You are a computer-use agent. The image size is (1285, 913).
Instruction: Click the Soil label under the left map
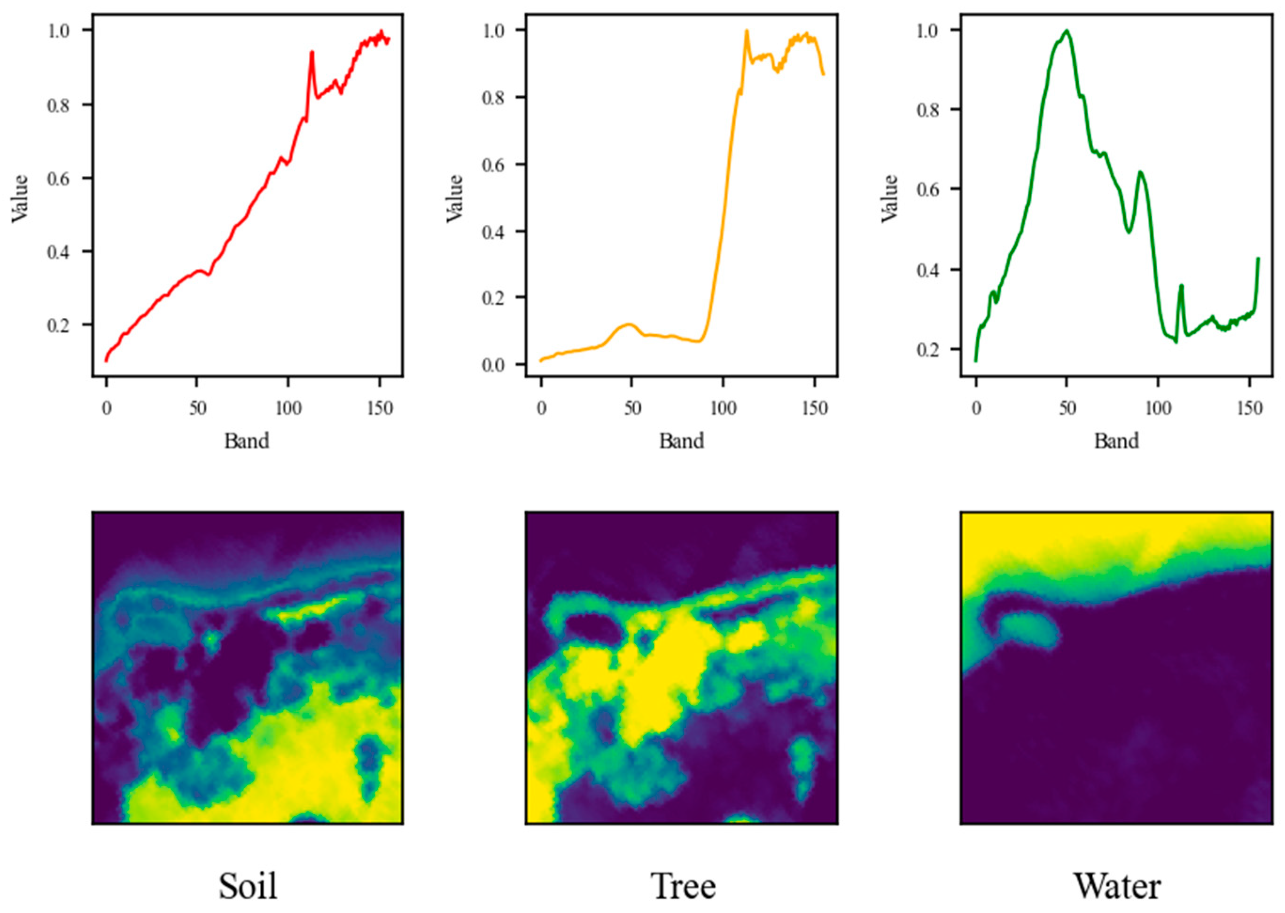click(x=248, y=886)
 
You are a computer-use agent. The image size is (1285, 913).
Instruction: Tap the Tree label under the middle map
click(x=683, y=886)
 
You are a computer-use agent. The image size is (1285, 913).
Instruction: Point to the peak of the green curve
click(x=1066, y=31)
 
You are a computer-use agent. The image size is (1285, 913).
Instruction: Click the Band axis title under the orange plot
click(x=682, y=441)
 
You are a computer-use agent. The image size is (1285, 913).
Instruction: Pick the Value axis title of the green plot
click(x=889, y=198)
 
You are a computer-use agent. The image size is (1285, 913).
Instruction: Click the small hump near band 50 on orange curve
click(x=629, y=324)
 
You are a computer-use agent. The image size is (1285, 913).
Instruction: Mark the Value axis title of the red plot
click(x=20, y=198)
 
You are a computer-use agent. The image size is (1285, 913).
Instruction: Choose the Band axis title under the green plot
click(x=1116, y=441)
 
